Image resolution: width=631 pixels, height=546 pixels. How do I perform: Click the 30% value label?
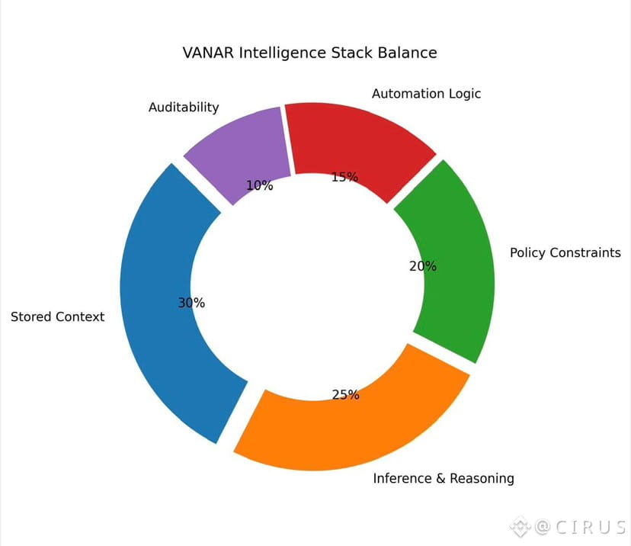pyautogui.click(x=191, y=303)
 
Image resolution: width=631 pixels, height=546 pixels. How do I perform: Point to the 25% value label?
pyautogui.click(x=346, y=394)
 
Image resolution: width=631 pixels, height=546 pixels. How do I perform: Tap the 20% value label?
pyautogui.click(x=423, y=266)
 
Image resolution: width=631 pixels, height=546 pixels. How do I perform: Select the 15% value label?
pyautogui.click(x=344, y=177)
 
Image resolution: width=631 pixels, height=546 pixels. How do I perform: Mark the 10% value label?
pyautogui.click(x=259, y=185)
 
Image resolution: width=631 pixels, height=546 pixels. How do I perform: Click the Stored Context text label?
pyautogui.click(x=57, y=316)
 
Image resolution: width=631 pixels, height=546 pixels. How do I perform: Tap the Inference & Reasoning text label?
pyautogui.click(x=443, y=478)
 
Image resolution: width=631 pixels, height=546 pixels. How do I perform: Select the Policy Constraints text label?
pyautogui.click(x=565, y=252)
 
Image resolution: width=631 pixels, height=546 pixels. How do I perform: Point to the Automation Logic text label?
pyautogui.click(x=426, y=93)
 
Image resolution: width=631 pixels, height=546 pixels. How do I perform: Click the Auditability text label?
pyautogui.click(x=183, y=108)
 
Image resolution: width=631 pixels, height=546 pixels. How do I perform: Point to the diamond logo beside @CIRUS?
pyautogui.click(x=520, y=525)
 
